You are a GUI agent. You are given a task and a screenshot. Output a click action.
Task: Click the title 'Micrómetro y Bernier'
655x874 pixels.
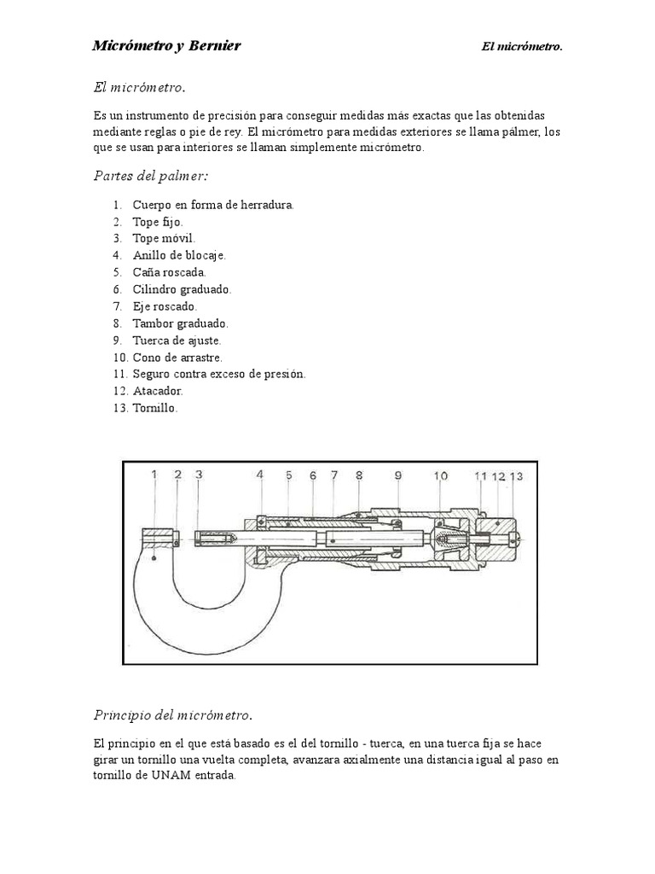point(166,46)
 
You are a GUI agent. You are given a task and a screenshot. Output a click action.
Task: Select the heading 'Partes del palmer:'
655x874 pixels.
point(150,176)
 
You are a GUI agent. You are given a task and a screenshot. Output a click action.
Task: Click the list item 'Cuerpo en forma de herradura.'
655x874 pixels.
point(212,206)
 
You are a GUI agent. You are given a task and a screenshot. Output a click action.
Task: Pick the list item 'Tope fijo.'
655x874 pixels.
point(158,222)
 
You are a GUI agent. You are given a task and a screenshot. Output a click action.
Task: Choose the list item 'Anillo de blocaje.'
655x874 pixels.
point(179,255)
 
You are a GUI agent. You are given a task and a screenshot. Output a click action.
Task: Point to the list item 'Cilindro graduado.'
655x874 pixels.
point(182,289)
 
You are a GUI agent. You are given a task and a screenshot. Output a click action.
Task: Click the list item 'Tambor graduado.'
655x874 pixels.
point(180,323)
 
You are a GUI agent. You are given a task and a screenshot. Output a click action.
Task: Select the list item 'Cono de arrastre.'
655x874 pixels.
point(177,358)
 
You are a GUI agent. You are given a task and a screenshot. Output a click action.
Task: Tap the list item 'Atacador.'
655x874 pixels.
point(158,391)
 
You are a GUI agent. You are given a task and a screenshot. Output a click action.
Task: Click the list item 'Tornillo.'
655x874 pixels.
point(155,408)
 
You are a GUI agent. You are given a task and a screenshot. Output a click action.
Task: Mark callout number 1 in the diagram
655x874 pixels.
point(154,475)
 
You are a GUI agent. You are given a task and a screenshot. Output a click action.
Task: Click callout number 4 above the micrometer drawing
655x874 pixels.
point(259,475)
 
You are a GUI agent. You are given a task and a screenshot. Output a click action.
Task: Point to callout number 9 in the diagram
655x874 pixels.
point(397,475)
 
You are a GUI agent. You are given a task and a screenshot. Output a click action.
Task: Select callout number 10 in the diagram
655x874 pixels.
point(440,475)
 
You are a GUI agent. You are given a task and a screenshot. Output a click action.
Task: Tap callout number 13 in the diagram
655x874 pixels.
point(517,476)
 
